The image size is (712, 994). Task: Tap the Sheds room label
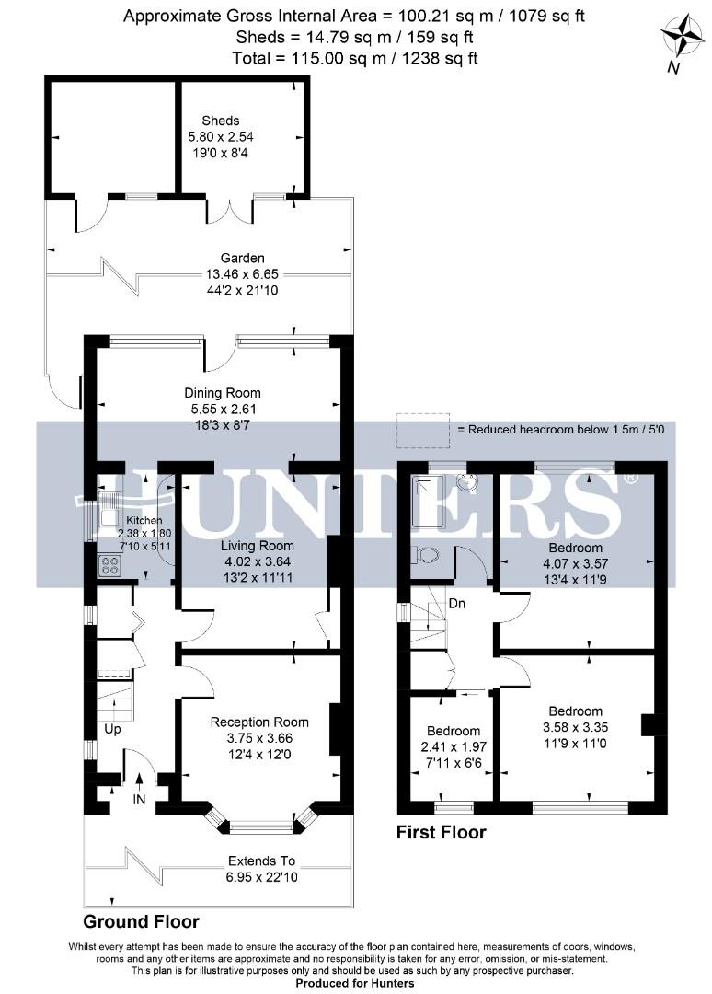(221, 121)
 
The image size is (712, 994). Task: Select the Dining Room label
(217, 393)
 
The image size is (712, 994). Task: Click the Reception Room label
(259, 722)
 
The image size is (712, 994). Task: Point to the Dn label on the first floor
(456, 604)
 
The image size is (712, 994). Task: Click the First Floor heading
(441, 833)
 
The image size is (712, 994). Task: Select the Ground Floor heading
(141, 921)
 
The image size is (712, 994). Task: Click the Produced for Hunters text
(354, 983)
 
